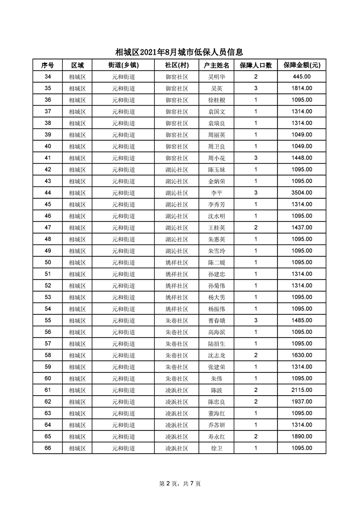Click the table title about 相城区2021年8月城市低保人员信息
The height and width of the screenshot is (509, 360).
pos(180,52)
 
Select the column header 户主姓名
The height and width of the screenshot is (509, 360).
pos(217,65)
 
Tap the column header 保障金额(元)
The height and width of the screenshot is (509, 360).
pos(302,65)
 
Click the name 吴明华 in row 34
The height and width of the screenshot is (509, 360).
pos(217,77)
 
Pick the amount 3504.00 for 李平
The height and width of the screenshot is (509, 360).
pos(302,193)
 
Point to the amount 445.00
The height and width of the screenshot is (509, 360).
pos(302,77)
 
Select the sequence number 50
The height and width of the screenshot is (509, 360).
pos(48,262)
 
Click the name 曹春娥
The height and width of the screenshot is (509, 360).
pos(217,320)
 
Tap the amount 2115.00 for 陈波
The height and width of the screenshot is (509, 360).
pos(302,390)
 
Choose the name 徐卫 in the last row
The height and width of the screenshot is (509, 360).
pos(217,448)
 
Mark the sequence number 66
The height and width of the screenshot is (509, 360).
pos(48,448)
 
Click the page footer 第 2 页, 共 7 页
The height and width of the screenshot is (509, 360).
pos(180,484)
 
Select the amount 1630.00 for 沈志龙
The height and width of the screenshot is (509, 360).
pos(302,355)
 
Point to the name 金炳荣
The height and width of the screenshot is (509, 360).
pos(217,181)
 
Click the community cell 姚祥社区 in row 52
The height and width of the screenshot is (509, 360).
pos(177,285)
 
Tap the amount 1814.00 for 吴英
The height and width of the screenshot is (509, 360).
pos(302,88)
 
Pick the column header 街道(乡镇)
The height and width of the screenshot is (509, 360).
pos(123,65)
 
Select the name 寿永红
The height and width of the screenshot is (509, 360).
pos(217,436)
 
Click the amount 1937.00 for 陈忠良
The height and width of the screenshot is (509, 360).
pos(302,402)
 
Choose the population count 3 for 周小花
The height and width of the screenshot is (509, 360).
pos(256,158)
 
